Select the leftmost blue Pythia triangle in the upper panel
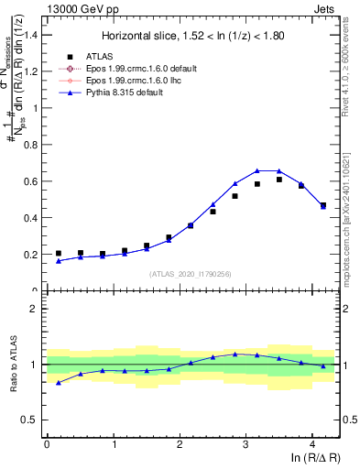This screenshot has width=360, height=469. [59, 261]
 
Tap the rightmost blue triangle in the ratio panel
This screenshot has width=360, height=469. [323, 365]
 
